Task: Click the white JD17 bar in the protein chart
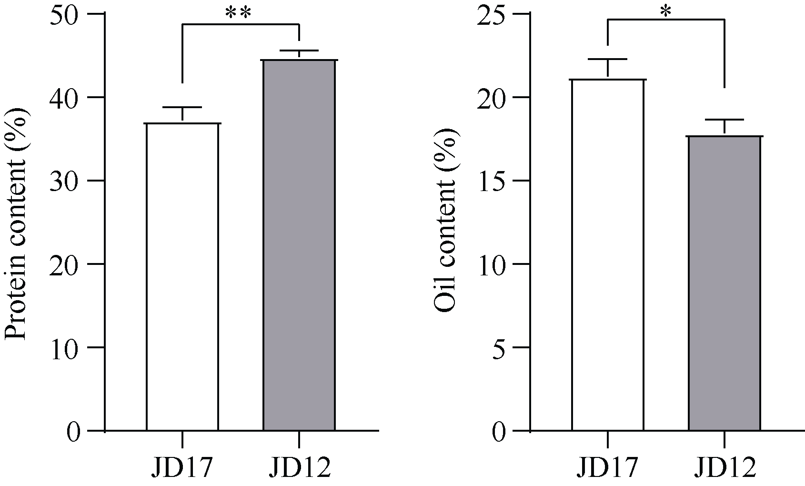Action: pos(182,276)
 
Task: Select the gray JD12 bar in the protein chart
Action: pos(299,245)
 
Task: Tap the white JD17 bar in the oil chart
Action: pos(607,255)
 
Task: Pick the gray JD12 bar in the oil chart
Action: pos(724,283)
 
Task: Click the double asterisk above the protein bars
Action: pos(238,13)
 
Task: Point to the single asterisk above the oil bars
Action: pos(665,11)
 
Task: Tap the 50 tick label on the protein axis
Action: pos(69,14)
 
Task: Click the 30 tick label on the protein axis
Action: pos(69,181)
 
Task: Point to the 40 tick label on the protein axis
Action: pos(69,98)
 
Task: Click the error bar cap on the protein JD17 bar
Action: pos(182,107)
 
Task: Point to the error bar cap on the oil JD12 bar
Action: pos(724,119)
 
